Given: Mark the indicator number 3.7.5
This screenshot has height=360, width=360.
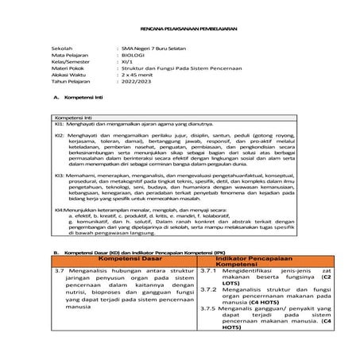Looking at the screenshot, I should tap(208, 309).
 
